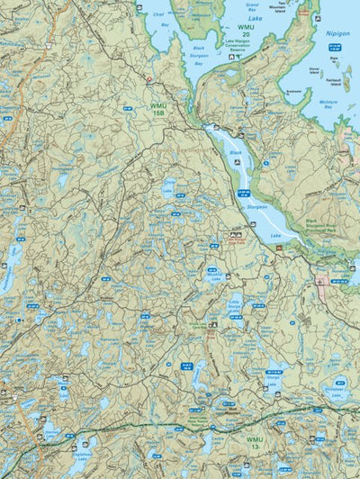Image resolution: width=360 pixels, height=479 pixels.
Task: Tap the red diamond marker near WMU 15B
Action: point(149,79)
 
